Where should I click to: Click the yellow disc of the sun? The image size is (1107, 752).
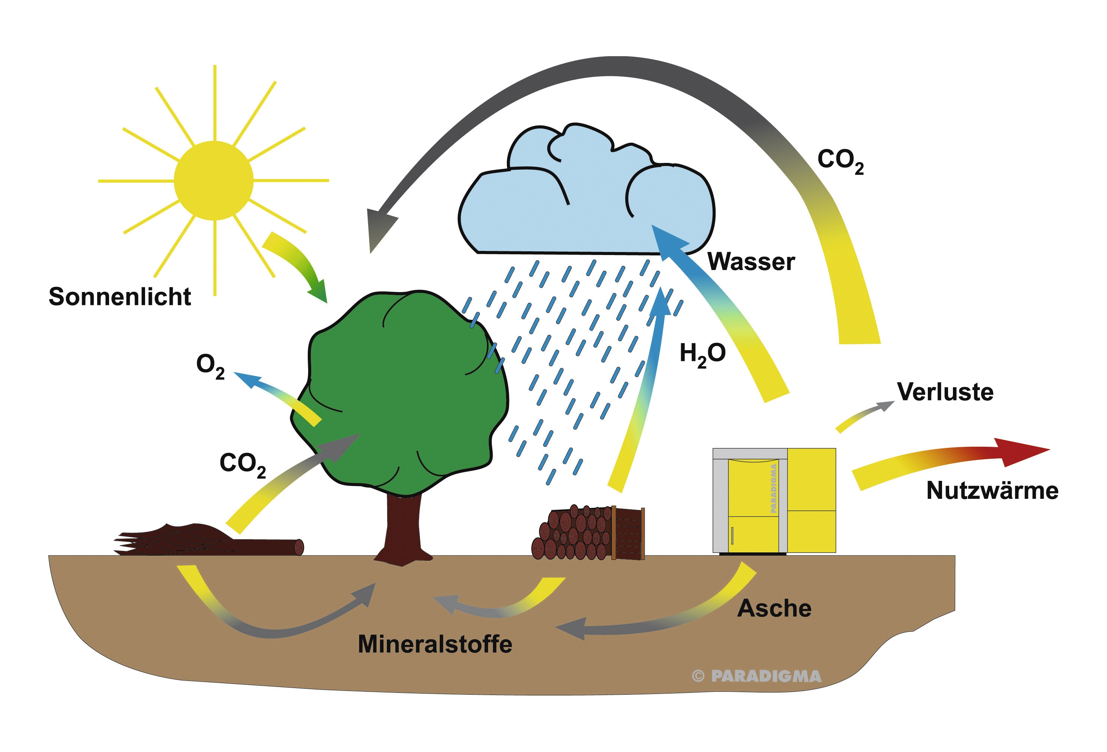click(213, 181)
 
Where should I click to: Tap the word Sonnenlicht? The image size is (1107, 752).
click(120, 297)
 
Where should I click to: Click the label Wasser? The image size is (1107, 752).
click(751, 261)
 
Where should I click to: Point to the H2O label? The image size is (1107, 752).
click(702, 354)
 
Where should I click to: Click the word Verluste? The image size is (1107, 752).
click(945, 392)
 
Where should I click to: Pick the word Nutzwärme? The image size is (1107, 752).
click(992, 490)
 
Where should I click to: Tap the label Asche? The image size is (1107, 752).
click(774, 608)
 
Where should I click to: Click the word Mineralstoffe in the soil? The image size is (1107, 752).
click(435, 644)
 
